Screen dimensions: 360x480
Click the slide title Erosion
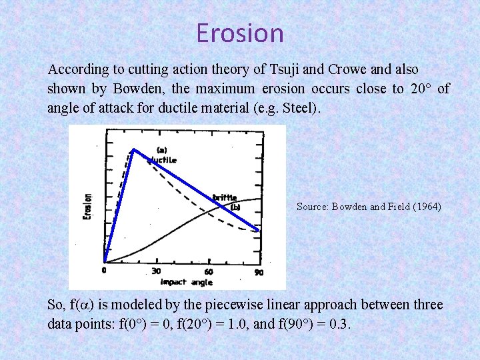pos(240,33)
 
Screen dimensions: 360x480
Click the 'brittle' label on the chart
pos(225,197)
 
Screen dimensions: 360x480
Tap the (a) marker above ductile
pos(161,149)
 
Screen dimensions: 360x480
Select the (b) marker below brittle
pos(235,207)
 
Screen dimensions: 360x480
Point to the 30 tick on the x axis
pos(156,271)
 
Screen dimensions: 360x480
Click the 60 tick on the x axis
pos(208,271)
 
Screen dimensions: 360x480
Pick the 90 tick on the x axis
pos(259,271)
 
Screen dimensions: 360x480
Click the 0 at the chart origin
pos(103,270)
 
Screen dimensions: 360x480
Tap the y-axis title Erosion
pos(87,207)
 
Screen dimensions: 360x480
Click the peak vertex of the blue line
pos(133,149)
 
